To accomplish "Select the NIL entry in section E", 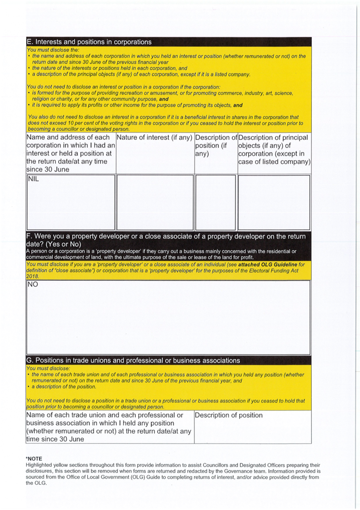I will click(x=33, y=179).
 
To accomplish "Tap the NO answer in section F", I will click(x=33, y=285).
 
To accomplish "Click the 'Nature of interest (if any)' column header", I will click(x=154, y=137).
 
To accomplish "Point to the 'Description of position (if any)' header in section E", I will click(x=216, y=145).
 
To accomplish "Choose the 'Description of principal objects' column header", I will click(x=274, y=149).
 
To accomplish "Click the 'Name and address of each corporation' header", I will click(x=71, y=153).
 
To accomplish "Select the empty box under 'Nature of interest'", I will click(x=155, y=202).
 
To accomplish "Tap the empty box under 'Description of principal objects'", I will click(x=274, y=202).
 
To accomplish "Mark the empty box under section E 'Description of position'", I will click(x=216, y=202).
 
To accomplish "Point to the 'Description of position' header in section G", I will click(x=229, y=415).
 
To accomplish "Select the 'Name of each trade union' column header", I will click(x=109, y=427).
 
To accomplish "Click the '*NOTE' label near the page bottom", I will click(x=34, y=459).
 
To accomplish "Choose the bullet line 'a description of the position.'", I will click(x=64, y=387).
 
